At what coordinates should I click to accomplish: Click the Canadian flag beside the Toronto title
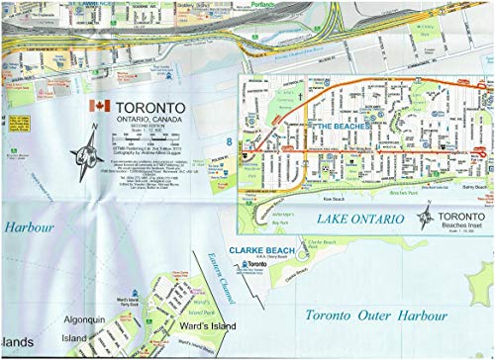97,106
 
